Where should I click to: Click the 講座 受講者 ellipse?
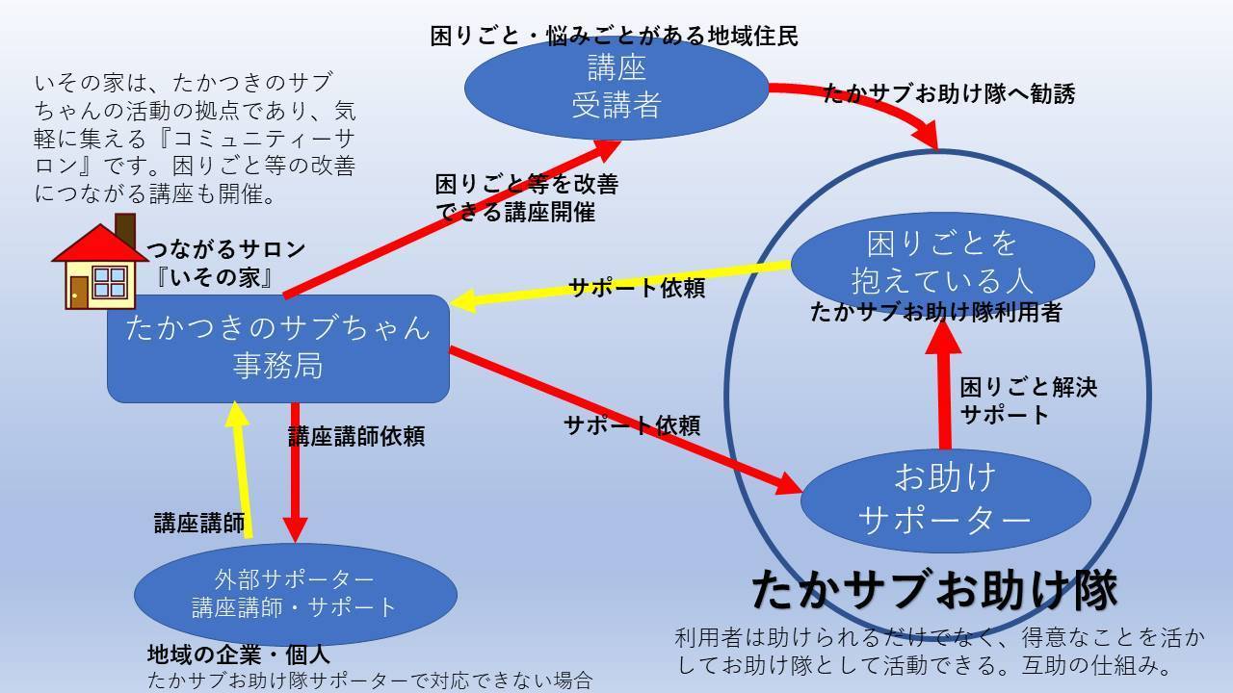click(x=616, y=87)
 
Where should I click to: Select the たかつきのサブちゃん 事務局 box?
click(x=277, y=347)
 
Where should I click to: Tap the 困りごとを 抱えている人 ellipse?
click(x=942, y=262)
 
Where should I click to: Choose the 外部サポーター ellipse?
click(x=295, y=593)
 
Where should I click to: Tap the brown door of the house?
click(x=79, y=290)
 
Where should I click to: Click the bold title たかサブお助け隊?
click(x=933, y=589)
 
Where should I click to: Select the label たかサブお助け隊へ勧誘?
click(x=949, y=93)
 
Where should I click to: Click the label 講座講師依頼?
click(x=356, y=436)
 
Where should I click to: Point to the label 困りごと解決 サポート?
click(x=1028, y=401)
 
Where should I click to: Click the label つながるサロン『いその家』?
click(x=225, y=263)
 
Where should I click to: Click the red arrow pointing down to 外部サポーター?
click(x=295, y=472)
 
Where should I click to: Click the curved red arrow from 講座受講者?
click(x=867, y=101)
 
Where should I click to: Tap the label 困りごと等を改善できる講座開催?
click(x=526, y=197)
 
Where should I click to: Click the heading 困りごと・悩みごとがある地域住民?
click(x=615, y=37)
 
